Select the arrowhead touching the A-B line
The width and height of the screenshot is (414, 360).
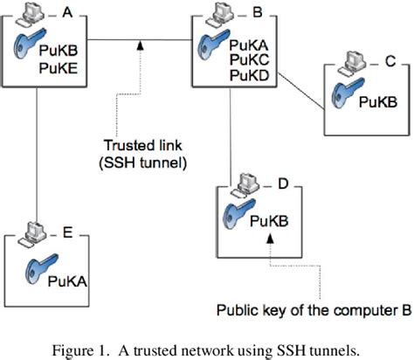pos(141,45)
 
